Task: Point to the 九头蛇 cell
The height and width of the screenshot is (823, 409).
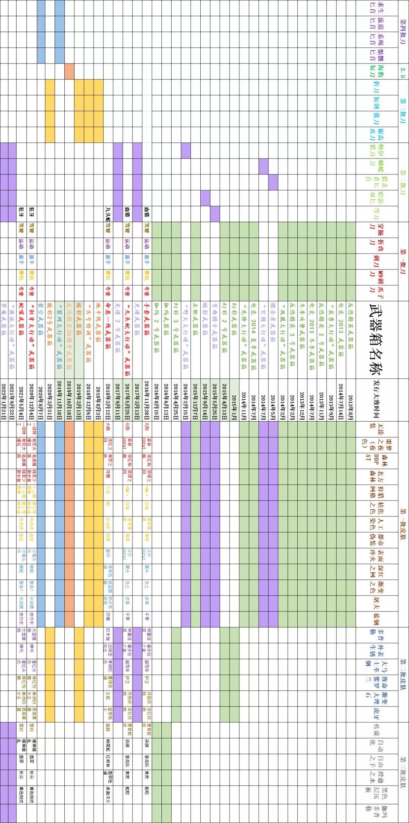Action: click(x=108, y=214)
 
